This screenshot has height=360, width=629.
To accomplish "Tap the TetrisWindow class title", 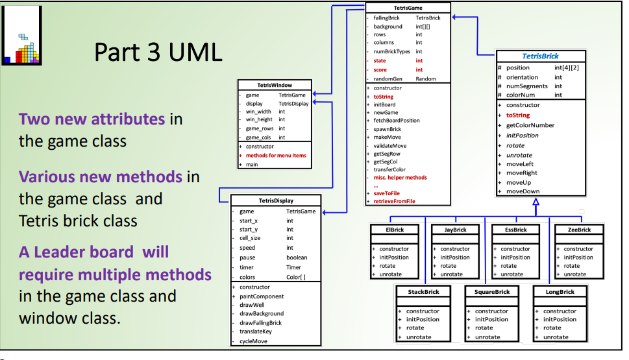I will pos(275,85).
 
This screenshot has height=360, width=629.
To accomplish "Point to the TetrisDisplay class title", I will pos(276,201).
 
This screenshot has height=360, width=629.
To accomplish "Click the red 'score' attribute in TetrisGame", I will pos(380,69).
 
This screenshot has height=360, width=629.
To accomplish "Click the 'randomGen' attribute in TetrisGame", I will pos(388,78).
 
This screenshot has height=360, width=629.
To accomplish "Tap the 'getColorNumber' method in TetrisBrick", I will pos(530,125).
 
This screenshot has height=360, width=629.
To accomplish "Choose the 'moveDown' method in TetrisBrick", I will pos(523,191).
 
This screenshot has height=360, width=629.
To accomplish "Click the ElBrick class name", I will pos(394,230).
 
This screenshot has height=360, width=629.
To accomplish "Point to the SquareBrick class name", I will pos(491,292).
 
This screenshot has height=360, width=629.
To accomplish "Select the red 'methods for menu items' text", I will pos(276,156).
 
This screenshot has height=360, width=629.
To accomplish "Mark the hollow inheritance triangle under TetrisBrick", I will pos(536,202).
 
